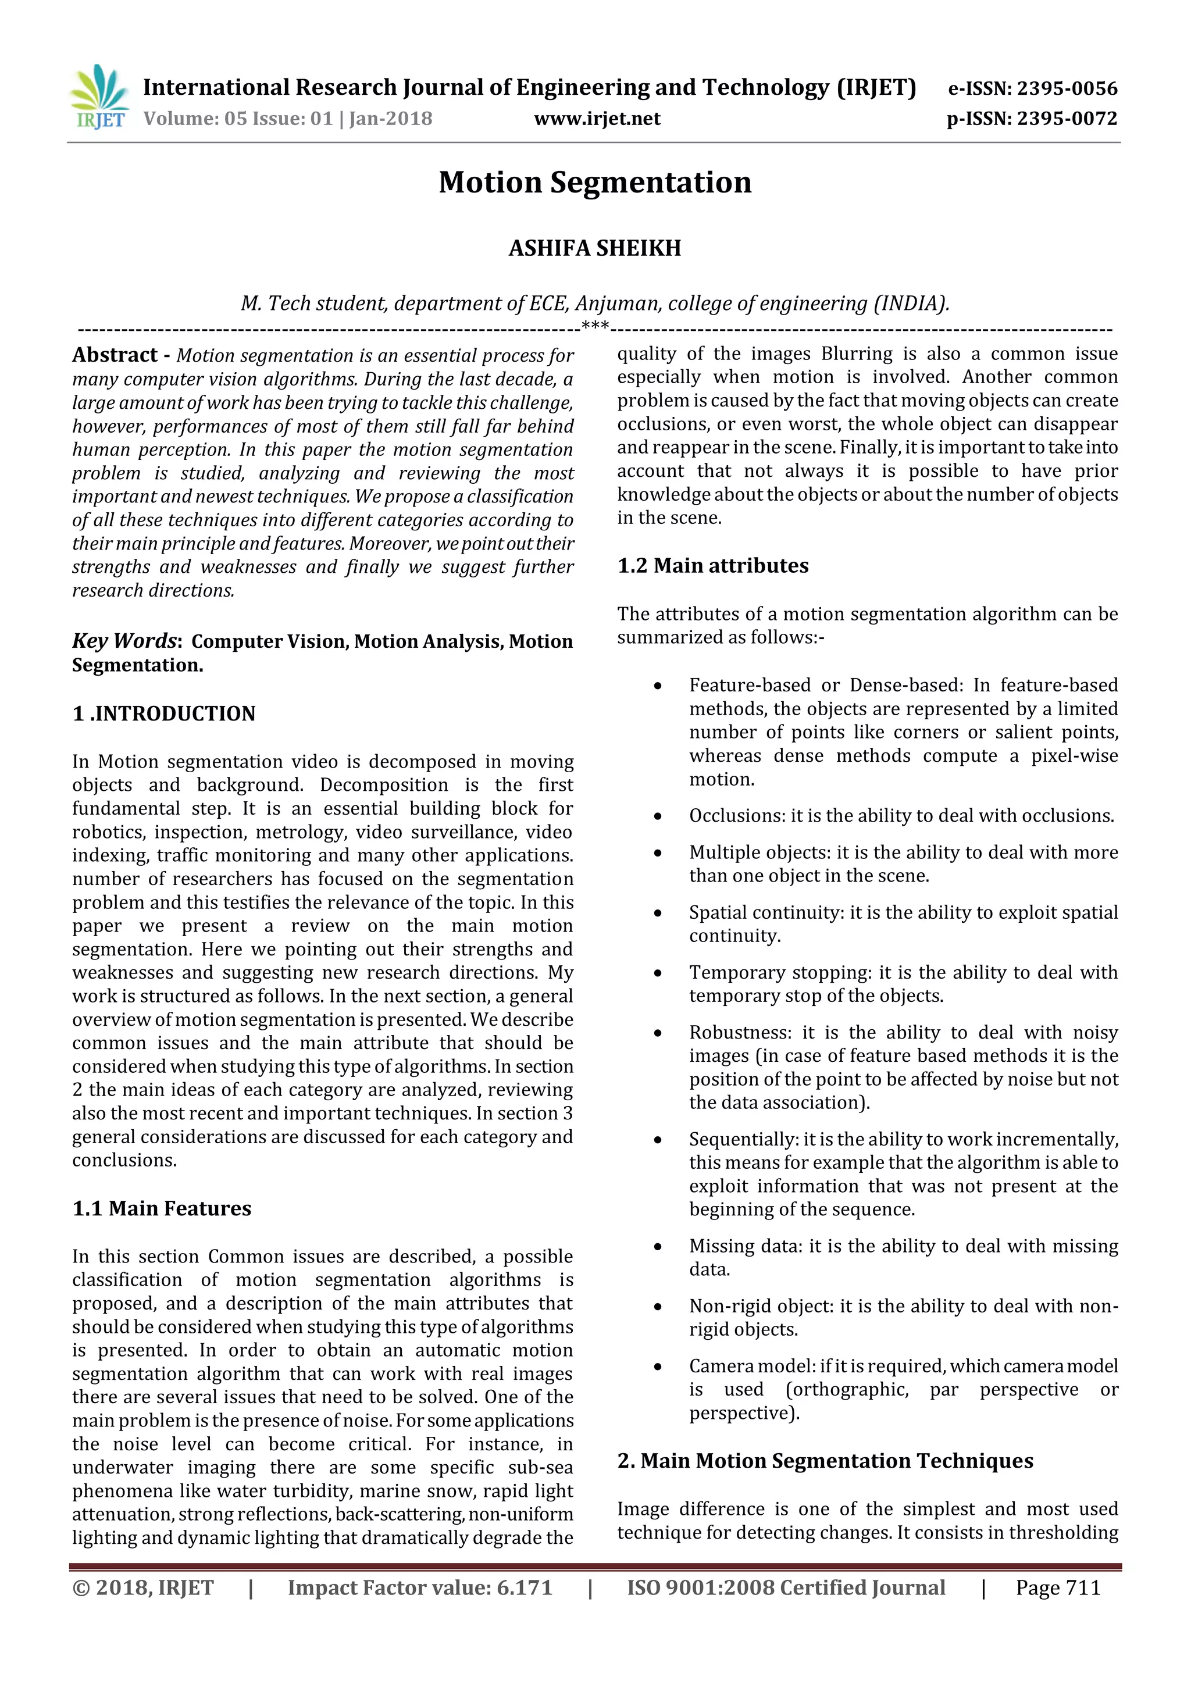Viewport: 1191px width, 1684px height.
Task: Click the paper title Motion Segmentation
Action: pos(595,183)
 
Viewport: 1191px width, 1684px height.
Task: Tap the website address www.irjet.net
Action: pos(597,119)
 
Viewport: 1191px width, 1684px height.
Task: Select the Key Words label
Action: pos(124,641)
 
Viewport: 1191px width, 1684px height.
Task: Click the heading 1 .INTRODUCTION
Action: pos(163,713)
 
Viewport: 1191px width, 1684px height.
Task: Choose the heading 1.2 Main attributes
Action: pos(713,565)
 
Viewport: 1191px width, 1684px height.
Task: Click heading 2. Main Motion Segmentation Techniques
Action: pos(825,1461)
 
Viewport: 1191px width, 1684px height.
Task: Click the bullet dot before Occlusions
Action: pos(658,816)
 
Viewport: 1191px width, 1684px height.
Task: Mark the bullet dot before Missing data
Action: pos(658,1247)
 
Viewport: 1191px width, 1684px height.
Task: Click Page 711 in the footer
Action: pos(1058,1588)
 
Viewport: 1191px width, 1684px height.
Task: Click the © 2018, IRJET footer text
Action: pos(143,1588)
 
